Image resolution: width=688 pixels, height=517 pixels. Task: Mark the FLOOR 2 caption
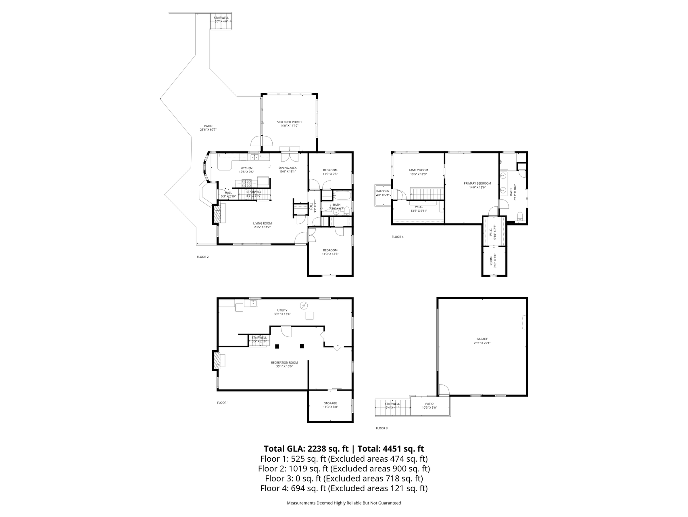pyautogui.click(x=202, y=257)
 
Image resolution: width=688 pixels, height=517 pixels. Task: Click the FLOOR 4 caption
pyautogui.click(x=397, y=237)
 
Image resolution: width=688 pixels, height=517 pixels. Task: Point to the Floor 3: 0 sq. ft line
pyautogui.click(x=344, y=479)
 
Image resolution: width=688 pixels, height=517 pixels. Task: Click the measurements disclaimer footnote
pyautogui.click(x=344, y=503)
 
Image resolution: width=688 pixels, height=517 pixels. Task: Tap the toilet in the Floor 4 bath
pyautogui.click(x=520, y=216)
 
